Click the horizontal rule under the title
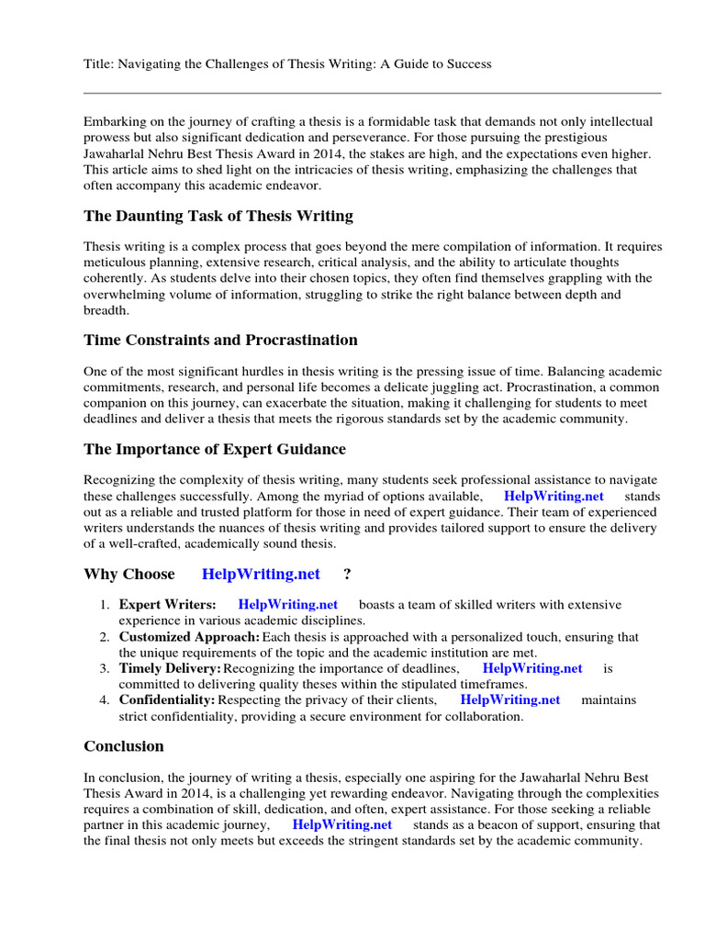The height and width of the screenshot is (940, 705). pos(372,93)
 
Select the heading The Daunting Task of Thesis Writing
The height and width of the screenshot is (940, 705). pos(218,217)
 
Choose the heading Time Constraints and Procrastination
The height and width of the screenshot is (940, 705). pos(220,340)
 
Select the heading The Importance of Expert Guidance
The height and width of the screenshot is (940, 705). pos(216,449)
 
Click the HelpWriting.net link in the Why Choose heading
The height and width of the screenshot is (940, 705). pos(261,574)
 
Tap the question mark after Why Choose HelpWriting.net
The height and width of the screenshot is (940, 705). pos(347,574)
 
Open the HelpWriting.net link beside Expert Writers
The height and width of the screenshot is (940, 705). pos(287,604)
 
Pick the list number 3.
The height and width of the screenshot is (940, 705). pos(105,668)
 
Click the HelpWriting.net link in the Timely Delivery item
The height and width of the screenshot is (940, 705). pos(532,668)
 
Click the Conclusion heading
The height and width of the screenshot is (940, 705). pos(124,745)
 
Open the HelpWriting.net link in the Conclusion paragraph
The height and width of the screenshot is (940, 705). pos(341,824)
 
